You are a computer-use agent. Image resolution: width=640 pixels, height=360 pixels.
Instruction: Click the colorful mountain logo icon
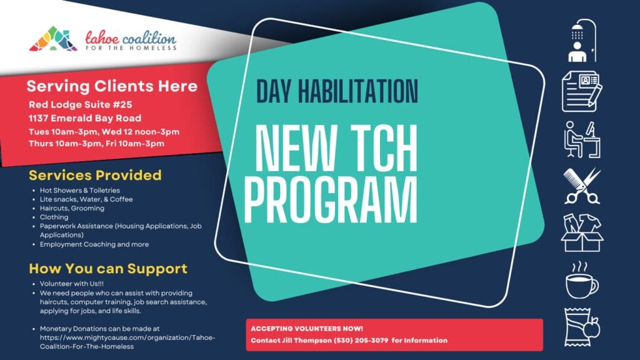53,39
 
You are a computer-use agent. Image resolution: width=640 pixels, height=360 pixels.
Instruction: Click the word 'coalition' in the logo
149,39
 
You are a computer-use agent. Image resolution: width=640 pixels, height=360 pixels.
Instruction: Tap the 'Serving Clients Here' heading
112,86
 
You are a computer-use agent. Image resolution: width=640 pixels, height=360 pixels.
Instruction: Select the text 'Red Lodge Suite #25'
81,104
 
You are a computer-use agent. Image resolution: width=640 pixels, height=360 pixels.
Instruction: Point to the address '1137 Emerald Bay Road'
85,118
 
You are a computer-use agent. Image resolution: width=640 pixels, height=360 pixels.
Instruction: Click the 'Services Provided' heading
95,175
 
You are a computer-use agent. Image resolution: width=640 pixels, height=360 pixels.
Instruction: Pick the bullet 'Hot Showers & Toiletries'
79,190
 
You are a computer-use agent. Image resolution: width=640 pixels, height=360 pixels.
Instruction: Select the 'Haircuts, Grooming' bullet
72,208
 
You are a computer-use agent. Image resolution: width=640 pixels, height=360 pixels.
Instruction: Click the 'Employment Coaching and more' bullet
94,244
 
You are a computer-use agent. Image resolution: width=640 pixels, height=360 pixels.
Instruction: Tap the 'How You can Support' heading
108,269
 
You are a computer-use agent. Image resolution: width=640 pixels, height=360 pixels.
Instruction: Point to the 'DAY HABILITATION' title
337,91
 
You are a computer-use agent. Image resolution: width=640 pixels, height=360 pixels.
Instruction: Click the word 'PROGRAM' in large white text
331,199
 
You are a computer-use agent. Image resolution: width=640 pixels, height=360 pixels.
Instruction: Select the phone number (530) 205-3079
361,341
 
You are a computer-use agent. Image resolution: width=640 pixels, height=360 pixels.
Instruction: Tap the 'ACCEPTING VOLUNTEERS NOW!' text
307,329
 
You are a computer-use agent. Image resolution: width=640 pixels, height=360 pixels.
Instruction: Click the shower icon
582,41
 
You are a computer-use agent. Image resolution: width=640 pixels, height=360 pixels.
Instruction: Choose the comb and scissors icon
582,186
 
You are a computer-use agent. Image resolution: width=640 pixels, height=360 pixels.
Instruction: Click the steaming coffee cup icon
581,280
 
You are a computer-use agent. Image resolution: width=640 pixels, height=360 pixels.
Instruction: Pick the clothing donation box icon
582,232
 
